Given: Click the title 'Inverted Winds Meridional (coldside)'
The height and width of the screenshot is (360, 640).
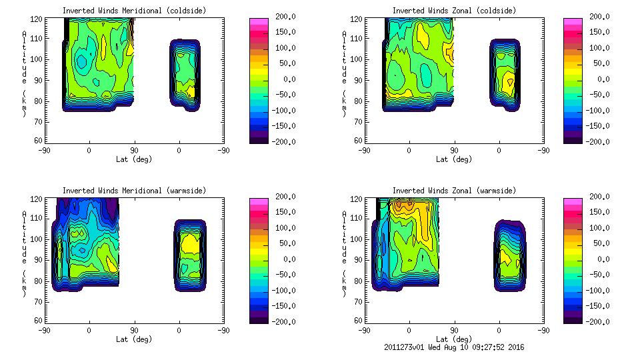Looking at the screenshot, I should click(x=134, y=11).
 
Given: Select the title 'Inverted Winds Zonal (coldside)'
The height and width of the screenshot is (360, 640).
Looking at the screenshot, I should click(x=454, y=11).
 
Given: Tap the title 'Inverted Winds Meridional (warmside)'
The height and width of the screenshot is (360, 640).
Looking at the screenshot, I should click(x=134, y=191).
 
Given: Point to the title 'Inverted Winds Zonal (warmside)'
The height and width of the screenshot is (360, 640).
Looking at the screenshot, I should click(x=454, y=191).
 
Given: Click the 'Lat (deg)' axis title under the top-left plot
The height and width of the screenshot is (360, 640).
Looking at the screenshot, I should click(x=134, y=159).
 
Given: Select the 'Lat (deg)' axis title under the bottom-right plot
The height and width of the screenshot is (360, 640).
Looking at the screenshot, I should click(x=454, y=339).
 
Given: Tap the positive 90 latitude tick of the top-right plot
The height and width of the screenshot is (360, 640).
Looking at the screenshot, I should click(x=454, y=151).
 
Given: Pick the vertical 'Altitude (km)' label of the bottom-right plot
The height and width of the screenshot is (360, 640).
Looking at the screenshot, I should click(x=344, y=259).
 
